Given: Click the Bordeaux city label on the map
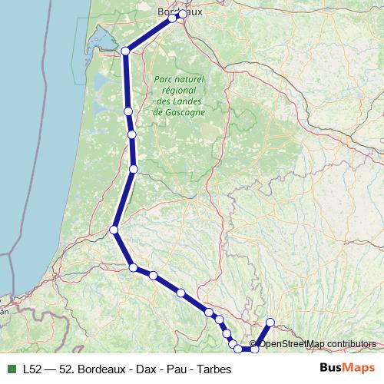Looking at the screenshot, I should (x=180, y=12).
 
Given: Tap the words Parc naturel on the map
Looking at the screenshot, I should (x=179, y=79).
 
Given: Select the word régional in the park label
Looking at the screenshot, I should (x=179, y=90).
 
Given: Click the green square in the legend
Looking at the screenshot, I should (x=11, y=368).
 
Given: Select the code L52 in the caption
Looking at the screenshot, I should (x=33, y=368).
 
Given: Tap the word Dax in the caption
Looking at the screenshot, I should (x=144, y=368).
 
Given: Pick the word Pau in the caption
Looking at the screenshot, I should (x=176, y=368).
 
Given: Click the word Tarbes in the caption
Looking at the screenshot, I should (x=214, y=368).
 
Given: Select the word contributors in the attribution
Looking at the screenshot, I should (x=353, y=343).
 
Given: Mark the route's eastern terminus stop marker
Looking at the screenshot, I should (x=270, y=323).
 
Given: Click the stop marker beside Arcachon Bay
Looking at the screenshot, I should (x=125, y=51).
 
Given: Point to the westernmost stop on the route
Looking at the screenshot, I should (x=114, y=230).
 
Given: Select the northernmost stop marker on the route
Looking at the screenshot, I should (x=181, y=14).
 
